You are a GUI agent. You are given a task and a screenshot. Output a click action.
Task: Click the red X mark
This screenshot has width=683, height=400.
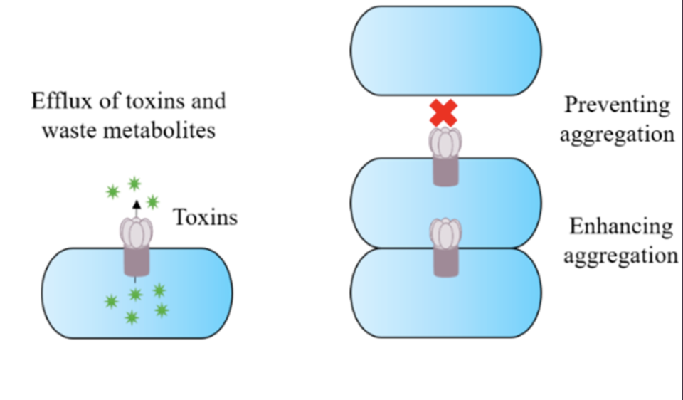[x=443, y=113]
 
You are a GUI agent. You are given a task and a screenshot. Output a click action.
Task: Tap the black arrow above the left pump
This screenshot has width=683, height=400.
[x=137, y=209]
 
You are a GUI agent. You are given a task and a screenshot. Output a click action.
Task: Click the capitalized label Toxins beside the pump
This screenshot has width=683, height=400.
[x=206, y=217]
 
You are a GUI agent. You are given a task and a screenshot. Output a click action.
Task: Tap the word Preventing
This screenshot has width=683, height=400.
[x=618, y=106]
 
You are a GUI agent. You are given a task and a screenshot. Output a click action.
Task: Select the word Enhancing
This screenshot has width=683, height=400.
[x=621, y=227]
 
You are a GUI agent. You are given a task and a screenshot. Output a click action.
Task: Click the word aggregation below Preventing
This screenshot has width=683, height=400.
[x=618, y=134]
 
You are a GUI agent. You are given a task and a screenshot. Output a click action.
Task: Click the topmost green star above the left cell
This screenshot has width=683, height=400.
[x=134, y=184]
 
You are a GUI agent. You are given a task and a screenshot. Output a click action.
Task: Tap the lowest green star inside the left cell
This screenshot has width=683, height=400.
[x=132, y=317]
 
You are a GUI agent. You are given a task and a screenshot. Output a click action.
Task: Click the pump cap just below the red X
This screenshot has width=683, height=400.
[x=445, y=142]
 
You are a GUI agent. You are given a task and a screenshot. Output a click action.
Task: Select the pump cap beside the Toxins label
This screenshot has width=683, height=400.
[x=137, y=233]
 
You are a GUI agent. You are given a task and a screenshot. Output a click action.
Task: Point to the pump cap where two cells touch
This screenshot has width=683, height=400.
[x=445, y=234]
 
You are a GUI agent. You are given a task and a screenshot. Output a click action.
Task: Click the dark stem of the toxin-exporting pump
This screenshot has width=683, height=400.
[x=137, y=260]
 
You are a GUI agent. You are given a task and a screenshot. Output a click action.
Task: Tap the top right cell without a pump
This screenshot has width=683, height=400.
[x=446, y=51]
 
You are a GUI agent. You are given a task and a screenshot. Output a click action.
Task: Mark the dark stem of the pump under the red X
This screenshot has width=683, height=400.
[x=445, y=171]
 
